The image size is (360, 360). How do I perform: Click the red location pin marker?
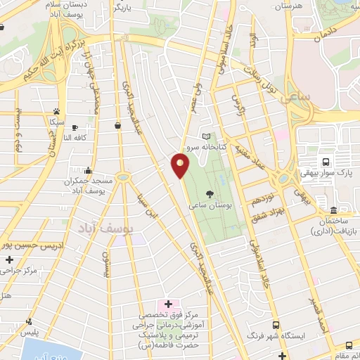180,167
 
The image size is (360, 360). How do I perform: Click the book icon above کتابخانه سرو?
205,136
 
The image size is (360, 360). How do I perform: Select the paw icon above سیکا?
56,111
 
